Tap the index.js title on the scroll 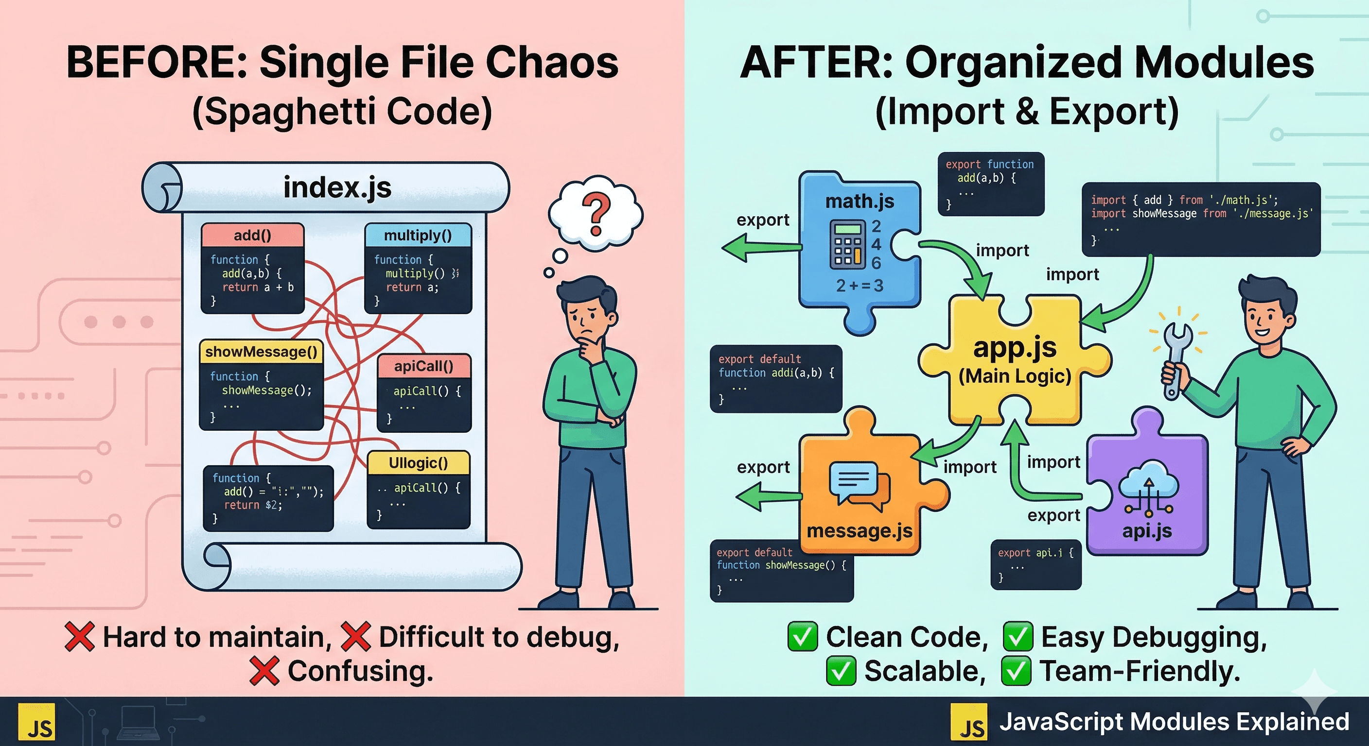[x=337, y=187]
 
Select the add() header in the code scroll [x=252, y=235]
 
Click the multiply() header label [x=418, y=235]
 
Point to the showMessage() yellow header [x=261, y=352]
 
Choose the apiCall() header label [x=423, y=366]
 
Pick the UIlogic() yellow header [x=418, y=463]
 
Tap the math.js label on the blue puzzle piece [x=860, y=201]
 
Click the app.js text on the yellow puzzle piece [x=1015, y=348]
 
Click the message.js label [x=860, y=530]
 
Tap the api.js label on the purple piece [x=1147, y=530]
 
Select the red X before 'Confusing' [x=264, y=671]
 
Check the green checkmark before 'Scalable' [x=841, y=671]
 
